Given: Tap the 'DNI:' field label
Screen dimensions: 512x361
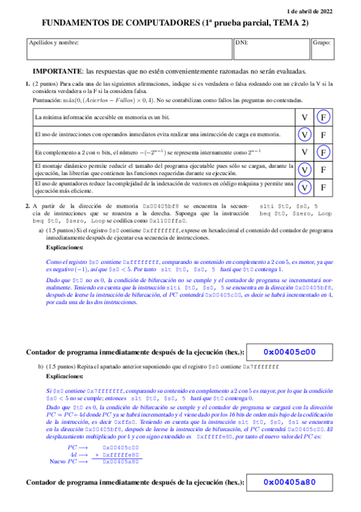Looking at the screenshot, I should [x=242, y=43].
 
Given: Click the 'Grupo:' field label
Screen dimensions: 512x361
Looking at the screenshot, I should [x=321, y=43].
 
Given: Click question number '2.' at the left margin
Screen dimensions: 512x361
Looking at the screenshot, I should [x=28, y=206].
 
